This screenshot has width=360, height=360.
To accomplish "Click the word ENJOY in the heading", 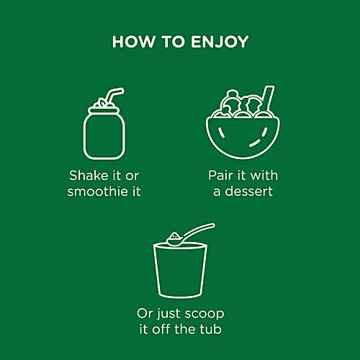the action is click(220, 42).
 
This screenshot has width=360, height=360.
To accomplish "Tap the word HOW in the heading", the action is click(133, 42).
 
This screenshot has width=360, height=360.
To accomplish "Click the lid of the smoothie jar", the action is click(104, 110).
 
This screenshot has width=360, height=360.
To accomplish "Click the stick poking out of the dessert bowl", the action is click(268, 99).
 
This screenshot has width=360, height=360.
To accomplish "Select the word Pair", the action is click(221, 176).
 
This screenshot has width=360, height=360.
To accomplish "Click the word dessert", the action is click(248, 192).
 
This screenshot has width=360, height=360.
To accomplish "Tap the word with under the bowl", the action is click(264, 176).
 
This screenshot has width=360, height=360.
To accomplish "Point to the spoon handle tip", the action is click(213, 225).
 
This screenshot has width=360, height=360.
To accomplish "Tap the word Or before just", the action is click(145, 313).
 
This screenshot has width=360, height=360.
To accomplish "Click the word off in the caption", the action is click(162, 329).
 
